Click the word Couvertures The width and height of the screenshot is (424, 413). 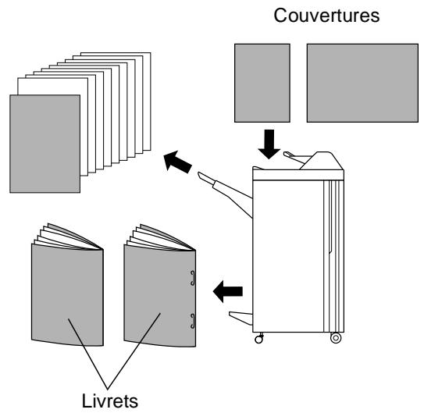(x=326, y=16)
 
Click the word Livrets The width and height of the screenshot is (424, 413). (x=110, y=401)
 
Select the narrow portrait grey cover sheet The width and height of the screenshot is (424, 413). (x=262, y=83)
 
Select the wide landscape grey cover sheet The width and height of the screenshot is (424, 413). (x=362, y=83)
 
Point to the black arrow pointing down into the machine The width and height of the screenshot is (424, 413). (x=269, y=144)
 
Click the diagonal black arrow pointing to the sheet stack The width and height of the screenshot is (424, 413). (x=177, y=162)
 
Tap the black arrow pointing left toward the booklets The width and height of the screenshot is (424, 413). (x=228, y=291)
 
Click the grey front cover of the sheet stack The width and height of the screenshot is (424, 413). (x=45, y=144)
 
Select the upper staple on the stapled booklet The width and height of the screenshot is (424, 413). (x=193, y=278)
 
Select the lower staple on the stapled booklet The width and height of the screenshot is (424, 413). (x=193, y=321)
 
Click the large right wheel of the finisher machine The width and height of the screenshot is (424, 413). (x=336, y=338)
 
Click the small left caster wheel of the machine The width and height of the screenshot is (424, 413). (x=258, y=339)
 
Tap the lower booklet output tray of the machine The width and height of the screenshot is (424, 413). (x=241, y=318)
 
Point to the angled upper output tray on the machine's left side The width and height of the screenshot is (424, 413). (x=225, y=191)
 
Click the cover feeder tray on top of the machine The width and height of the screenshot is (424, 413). (x=294, y=158)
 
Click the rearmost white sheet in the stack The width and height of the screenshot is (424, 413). (x=147, y=101)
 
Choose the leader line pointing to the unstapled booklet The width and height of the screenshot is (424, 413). (x=88, y=354)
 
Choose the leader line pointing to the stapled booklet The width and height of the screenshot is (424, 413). (x=134, y=351)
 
